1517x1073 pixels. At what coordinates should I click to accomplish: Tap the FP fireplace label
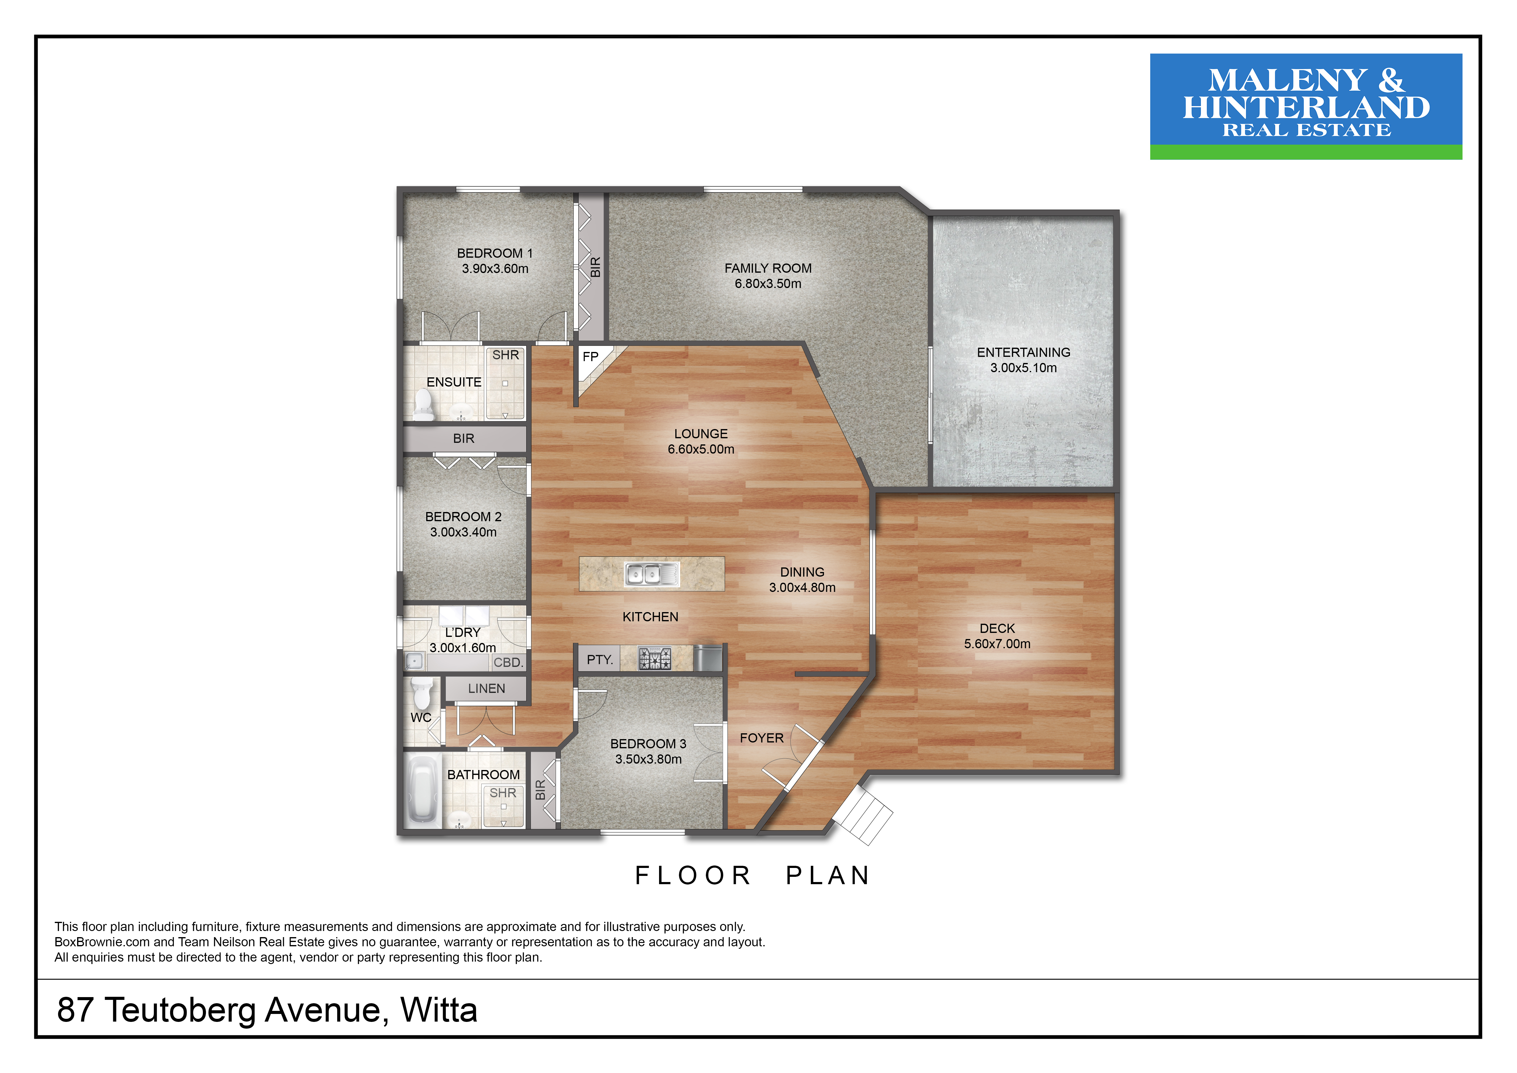tap(590, 357)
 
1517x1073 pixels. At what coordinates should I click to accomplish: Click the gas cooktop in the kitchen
tap(654, 659)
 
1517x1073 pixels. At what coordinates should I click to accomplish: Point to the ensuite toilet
tap(423, 404)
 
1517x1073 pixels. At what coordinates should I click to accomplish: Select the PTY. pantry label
tap(600, 660)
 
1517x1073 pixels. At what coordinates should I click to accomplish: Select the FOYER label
tap(762, 738)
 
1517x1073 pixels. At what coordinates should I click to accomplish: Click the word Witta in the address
tap(439, 1010)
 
